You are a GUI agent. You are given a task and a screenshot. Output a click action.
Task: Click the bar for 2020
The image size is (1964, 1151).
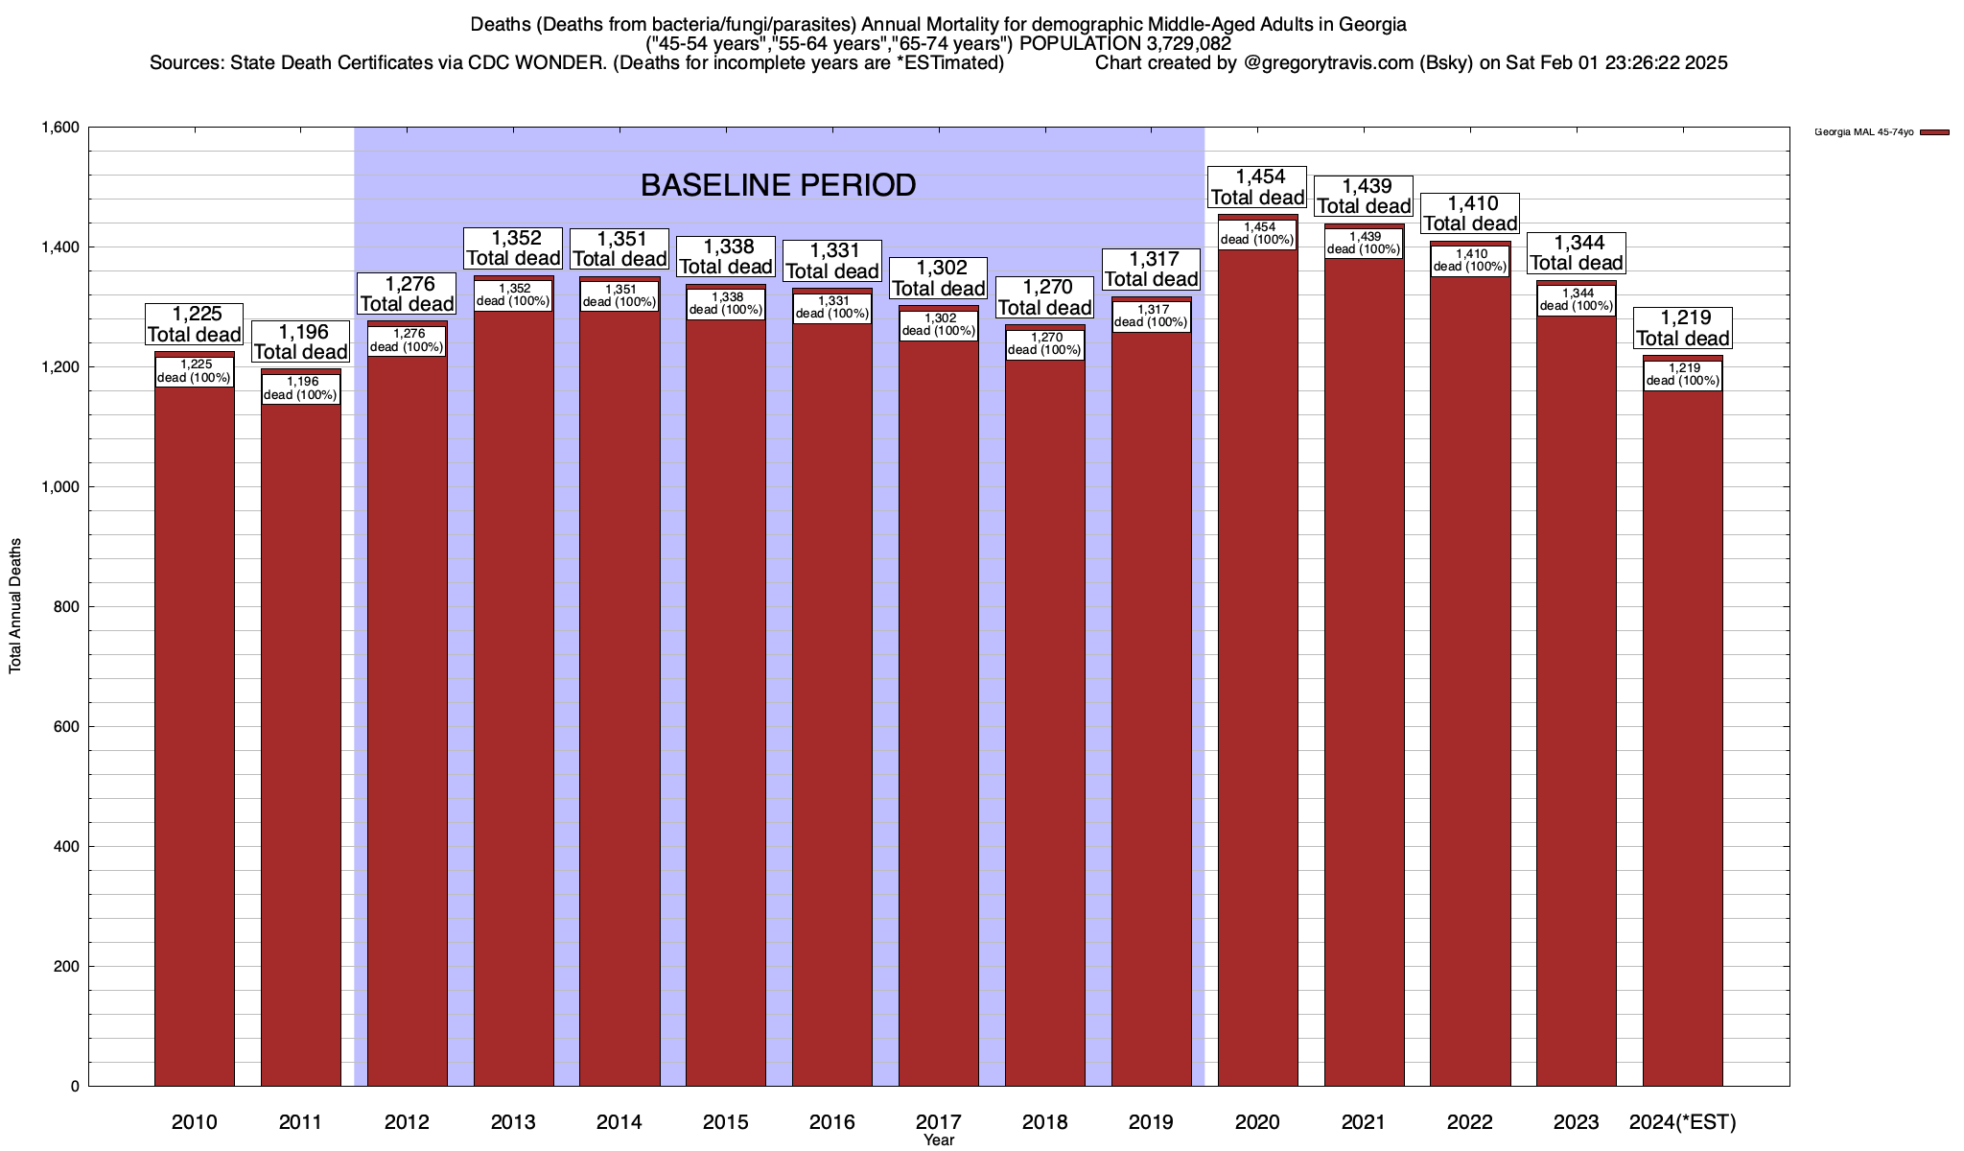click(x=1257, y=671)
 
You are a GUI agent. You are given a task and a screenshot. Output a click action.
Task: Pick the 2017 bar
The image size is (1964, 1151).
click(x=938, y=710)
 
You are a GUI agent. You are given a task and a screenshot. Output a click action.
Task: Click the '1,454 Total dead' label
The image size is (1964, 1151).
click(x=1257, y=187)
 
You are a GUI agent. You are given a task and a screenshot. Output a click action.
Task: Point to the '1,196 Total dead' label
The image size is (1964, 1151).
click(x=300, y=342)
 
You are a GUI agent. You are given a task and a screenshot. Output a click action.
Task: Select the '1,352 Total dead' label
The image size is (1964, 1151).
click(x=513, y=247)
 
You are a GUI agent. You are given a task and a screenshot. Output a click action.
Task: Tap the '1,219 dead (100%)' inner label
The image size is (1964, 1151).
click(x=1682, y=374)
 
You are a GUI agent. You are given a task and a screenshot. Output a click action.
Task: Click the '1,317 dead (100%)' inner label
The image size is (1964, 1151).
click(x=1151, y=316)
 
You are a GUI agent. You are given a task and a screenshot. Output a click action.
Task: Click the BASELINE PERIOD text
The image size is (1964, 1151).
click(x=778, y=185)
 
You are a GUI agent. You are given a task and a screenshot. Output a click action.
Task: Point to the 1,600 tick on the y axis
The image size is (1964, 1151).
click(x=59, y=128)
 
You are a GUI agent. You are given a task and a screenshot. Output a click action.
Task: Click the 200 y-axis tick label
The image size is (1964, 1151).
click(x=67, y=967)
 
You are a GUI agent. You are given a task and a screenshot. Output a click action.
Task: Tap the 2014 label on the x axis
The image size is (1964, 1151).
click(x=620, y=1122)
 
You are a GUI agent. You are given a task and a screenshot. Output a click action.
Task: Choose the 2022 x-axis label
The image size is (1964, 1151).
click(x=1469, y=1122)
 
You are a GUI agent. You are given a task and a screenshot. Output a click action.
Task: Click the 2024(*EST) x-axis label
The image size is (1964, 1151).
click(x=1682, y=1122)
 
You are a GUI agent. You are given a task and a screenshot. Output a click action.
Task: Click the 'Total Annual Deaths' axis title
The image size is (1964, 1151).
click(x=15, y=606)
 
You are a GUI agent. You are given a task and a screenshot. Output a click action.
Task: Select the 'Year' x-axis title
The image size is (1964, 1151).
click(x=939, y=1140)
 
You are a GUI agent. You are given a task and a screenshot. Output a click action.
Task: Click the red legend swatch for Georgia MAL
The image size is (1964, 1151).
click(x=1934, y=132)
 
